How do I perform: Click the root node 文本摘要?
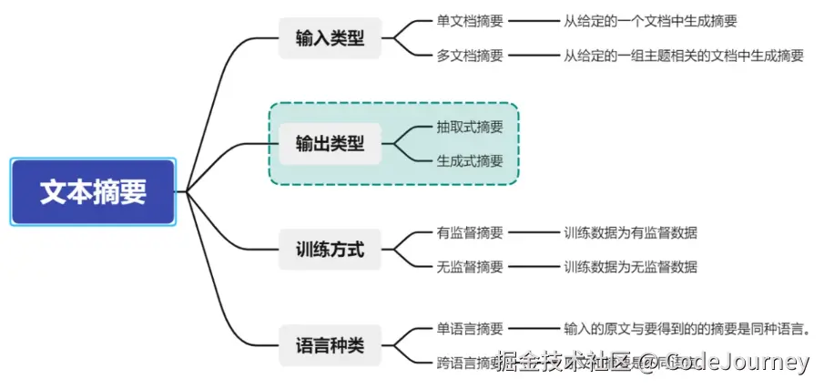tap(92, 192)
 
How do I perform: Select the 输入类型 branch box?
tap(330, 39)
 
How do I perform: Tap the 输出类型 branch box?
tap(330, 144)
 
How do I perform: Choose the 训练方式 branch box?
tap(330, 250)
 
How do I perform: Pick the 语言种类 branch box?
tap(330, 346)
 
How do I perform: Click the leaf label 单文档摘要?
tap(470, 21)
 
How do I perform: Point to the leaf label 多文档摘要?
tap(470, 56)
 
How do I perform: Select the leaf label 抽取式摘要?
tap(470, 127)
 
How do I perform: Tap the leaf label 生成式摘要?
tap(470, 161)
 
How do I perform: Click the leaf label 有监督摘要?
tap(470, 232)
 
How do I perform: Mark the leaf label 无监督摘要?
tap(470, 267)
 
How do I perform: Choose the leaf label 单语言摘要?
tap(470, 329)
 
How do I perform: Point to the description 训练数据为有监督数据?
tap(630, 232)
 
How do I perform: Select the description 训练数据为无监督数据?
tap(630, 267)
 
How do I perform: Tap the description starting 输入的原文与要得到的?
tap(687, 329)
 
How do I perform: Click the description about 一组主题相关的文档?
tap(683, 56)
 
